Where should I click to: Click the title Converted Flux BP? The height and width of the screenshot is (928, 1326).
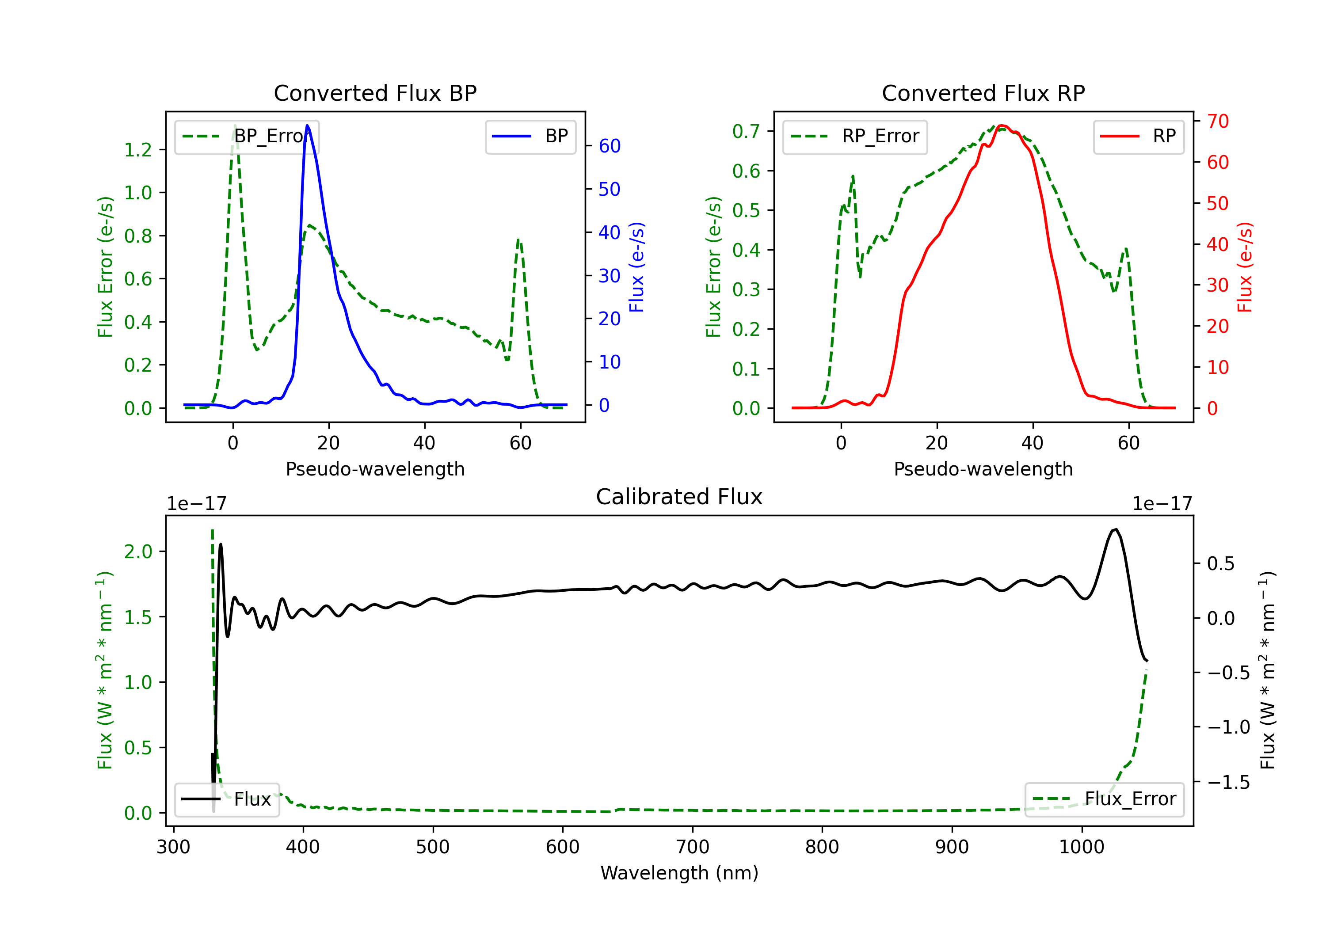[375, 93]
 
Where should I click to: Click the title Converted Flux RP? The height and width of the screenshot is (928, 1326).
[983, 93]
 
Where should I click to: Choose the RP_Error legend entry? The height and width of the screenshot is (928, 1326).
[855, 136]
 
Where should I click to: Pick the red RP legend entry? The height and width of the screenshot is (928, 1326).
[1138, 136]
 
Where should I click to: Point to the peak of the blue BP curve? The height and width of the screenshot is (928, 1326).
[307, 126]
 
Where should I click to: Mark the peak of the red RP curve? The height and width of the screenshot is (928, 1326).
[1002, 126]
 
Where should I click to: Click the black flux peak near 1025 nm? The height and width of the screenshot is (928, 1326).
[1116, 529]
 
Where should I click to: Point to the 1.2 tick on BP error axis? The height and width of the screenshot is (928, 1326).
[138, 150]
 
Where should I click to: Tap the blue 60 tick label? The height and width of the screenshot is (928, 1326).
[609, 146]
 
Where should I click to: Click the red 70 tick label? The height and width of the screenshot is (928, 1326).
[1217, 121]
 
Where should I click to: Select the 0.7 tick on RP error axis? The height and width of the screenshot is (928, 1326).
[746, 132]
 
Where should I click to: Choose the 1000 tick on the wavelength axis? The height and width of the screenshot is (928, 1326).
[1081, 847]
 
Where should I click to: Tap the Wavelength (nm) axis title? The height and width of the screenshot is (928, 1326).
[679, 873]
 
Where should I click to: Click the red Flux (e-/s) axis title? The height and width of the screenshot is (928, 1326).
[1245, 267]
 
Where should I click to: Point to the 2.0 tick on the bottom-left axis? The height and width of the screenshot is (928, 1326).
[138, 551]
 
